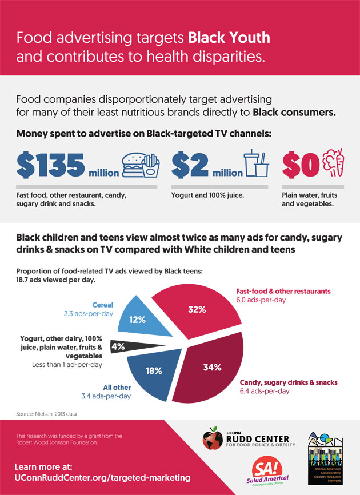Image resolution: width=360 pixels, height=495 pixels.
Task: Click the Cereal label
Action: coord(102,305)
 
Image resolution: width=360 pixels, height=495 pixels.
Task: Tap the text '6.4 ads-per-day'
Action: coord(265,392)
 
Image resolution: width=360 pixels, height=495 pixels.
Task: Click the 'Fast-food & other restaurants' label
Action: coord(283,291)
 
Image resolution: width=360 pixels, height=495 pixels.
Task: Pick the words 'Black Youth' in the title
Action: coord(229,38)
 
